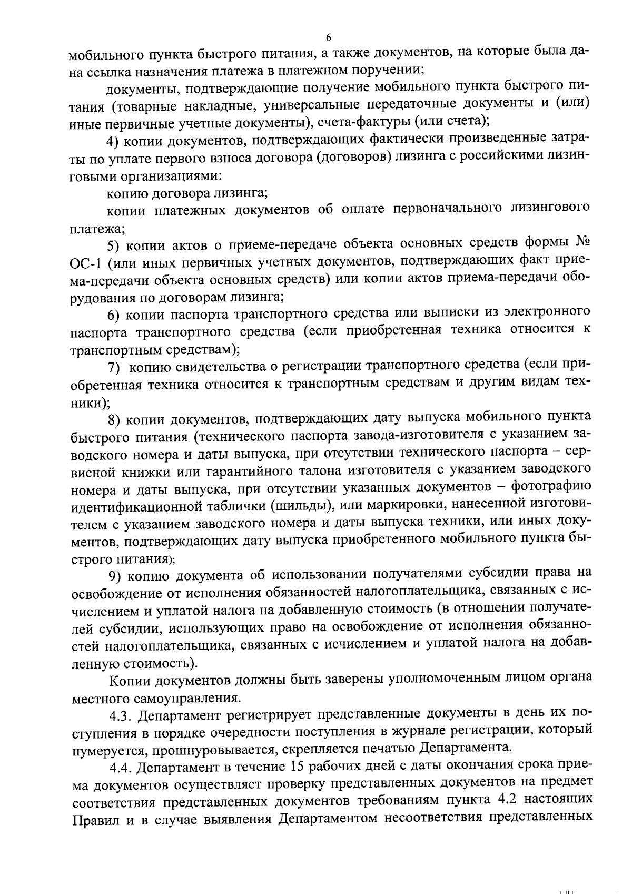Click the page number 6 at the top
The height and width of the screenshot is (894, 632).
pyautogui.click(x=328, y=37)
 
